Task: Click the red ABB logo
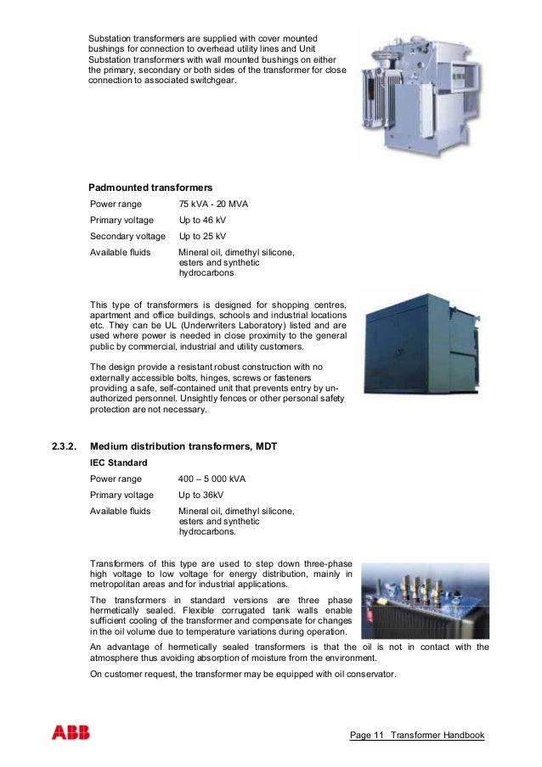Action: (x=69, y=734)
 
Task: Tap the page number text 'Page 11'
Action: (x=367, y=735)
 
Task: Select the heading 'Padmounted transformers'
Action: (x=150, y=187)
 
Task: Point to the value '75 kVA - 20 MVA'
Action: (x=213, y=204)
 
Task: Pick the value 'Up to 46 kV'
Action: (x=202, y=221)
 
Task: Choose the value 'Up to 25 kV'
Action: (x=202, y=237)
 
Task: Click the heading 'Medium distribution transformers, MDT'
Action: (x=183, y=446)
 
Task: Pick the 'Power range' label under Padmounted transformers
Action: (x=116, y=204)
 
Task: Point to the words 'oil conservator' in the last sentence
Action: (x=364, y=675)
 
